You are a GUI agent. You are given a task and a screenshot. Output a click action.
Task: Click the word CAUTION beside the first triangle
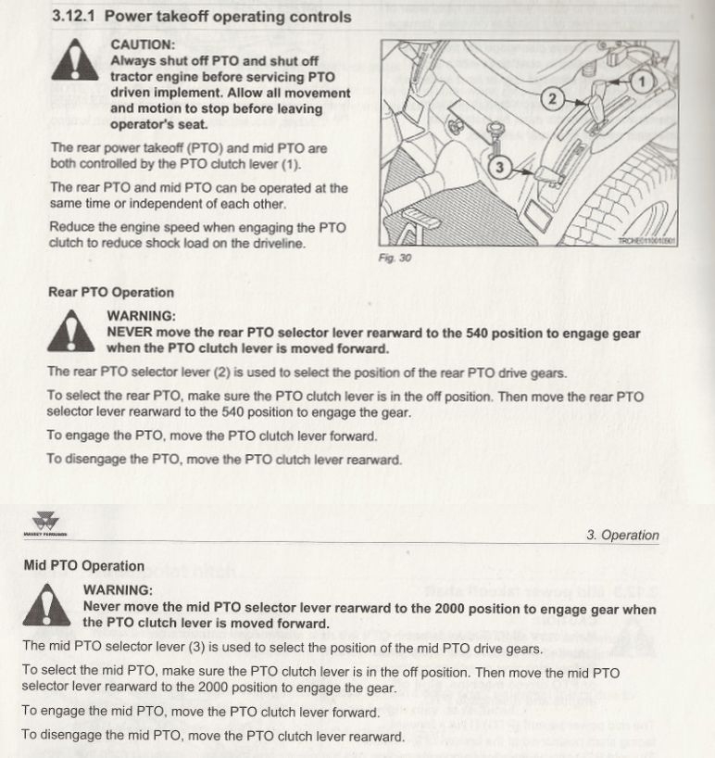coord(142,44)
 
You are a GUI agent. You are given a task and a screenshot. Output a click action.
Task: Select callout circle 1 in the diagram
coord(642,82)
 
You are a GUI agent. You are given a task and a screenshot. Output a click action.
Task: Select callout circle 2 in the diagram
coord(553,99)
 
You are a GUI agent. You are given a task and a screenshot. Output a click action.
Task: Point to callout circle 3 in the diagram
coord(499,167)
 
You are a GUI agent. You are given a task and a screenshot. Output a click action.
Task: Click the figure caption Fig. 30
coord(395,259)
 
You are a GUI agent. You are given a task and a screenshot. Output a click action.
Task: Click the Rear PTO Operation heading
coord(110,293)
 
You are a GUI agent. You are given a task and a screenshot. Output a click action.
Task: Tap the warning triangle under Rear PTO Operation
coord(70,334)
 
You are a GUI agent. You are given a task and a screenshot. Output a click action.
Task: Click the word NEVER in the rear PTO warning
coord(131,333)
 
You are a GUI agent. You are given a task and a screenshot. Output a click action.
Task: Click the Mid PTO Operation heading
coord(83,566)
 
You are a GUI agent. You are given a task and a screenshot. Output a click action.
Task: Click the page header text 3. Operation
coord(622,535)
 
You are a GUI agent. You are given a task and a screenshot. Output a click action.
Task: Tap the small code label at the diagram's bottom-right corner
coord(647,241)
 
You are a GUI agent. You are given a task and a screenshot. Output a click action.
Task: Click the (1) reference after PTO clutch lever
coord(290,164)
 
